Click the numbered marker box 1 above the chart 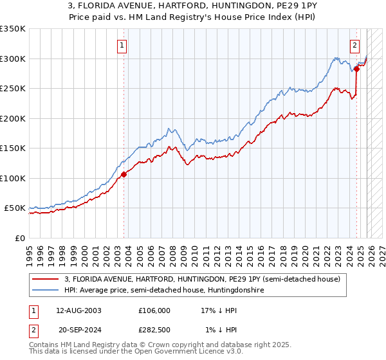(122, 45)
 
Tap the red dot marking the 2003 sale (124, 174)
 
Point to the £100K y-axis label (13, 178)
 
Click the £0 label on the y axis (19, 238)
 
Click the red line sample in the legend (46, 279)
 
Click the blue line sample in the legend (46, 291)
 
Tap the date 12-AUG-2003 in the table (78, 310)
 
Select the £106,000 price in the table (154, 310)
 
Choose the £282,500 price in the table (154, 329)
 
